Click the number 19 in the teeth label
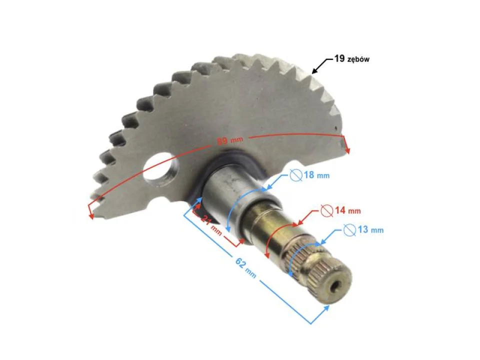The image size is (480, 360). [339, 59]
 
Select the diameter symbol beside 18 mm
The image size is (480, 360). [296, 176]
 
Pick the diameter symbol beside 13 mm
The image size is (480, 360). [349, 229]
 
